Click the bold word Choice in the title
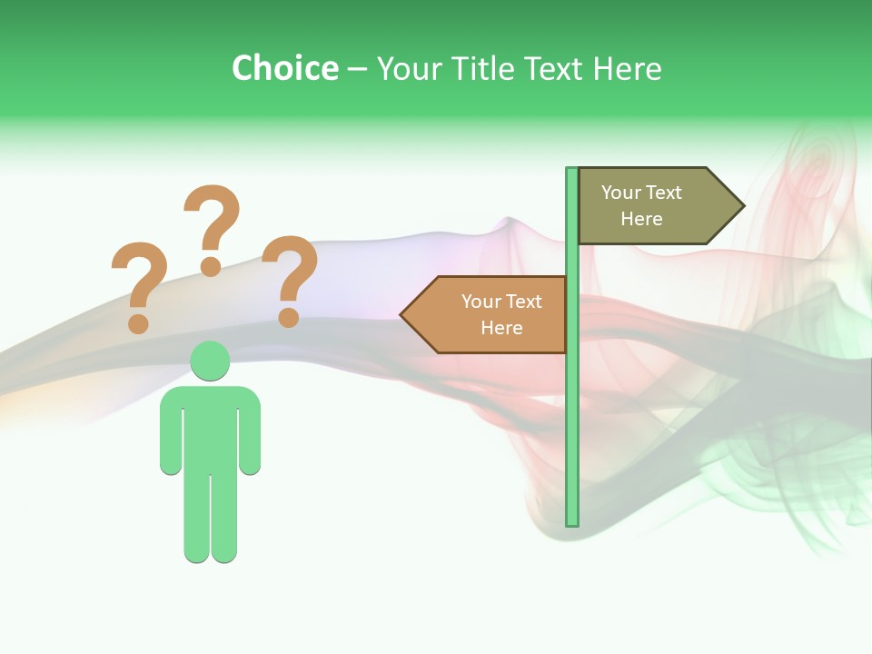(x=284, y=68)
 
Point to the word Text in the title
(x=553, y=68)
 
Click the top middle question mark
(x=212, y=227)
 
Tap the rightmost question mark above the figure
(x=290, y=278)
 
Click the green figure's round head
(x=210, y=361)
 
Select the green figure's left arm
(x=171, y=436)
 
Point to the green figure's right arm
(x=250, y=436)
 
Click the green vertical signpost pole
(x=572, y=409)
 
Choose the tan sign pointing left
(x=490, y=314)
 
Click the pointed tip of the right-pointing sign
(x=740, y=206)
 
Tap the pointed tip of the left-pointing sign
(x=403, y=315)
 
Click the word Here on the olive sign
(x=641, y=219)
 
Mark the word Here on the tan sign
(x=501, y=328)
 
